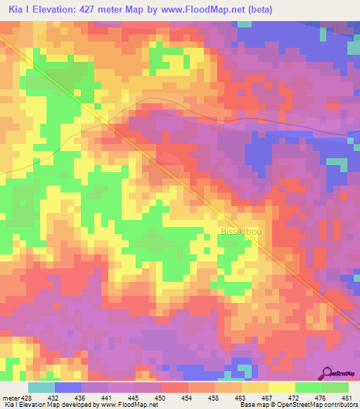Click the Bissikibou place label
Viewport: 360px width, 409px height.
[243, 231]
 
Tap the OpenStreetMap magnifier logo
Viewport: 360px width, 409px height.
[326, 373]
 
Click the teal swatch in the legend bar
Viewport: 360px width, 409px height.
[41, 387]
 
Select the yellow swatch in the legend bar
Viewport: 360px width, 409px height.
[282, 387]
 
